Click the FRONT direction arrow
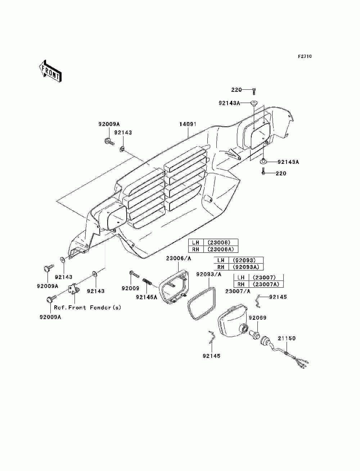(x=50, y=71)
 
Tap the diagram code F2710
(x=305, y=57)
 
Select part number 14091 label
(x=188, y=124)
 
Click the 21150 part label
(x=287, y=338)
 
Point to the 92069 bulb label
(x=257, y=318)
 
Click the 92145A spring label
(x=146, y=297)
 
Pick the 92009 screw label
(x=130, y=288)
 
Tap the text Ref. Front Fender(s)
(x=87, y=308)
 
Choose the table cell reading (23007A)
(x=266, y=284)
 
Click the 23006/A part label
(x=178, y=259)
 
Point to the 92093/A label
(x=208, y=274)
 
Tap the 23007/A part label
(x=238, y=291)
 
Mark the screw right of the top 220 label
(x=254, y=91)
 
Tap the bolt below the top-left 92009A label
(x=109, y=142)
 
